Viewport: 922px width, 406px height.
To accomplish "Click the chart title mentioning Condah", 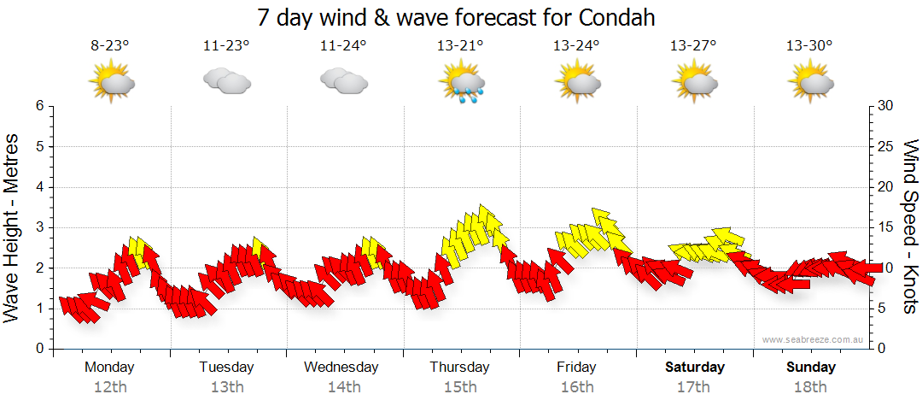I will click(x=461, y=18).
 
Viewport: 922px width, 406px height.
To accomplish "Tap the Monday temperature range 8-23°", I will click(x=110, y=46).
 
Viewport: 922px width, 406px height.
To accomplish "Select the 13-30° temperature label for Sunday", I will click(x=809, y=46).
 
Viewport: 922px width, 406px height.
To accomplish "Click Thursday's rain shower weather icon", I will click(x=462, y=84).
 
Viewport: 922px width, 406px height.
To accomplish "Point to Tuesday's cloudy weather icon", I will click(x=226, y=81).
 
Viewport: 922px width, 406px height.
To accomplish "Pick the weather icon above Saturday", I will click(x=693, y=82).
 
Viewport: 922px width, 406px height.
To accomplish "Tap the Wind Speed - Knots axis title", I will click(x=909, y=227).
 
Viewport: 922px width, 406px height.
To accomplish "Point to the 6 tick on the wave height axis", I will click(x=38, y=106).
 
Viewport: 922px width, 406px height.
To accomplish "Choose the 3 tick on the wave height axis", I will click(x=38, y=227).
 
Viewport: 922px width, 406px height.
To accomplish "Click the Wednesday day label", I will click(x=341, y=368).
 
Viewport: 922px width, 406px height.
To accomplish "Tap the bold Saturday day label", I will click(x=695, y=368).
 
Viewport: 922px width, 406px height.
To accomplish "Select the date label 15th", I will click(x=460, y=387).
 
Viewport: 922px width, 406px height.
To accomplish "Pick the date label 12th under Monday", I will click(x=109, y=387).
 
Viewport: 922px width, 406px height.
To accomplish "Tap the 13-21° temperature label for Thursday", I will click(x=459, y=46).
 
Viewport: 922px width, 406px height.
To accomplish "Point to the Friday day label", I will click(x=576, y=368).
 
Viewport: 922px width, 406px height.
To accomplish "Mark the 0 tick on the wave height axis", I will click(x=38, y=349).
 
